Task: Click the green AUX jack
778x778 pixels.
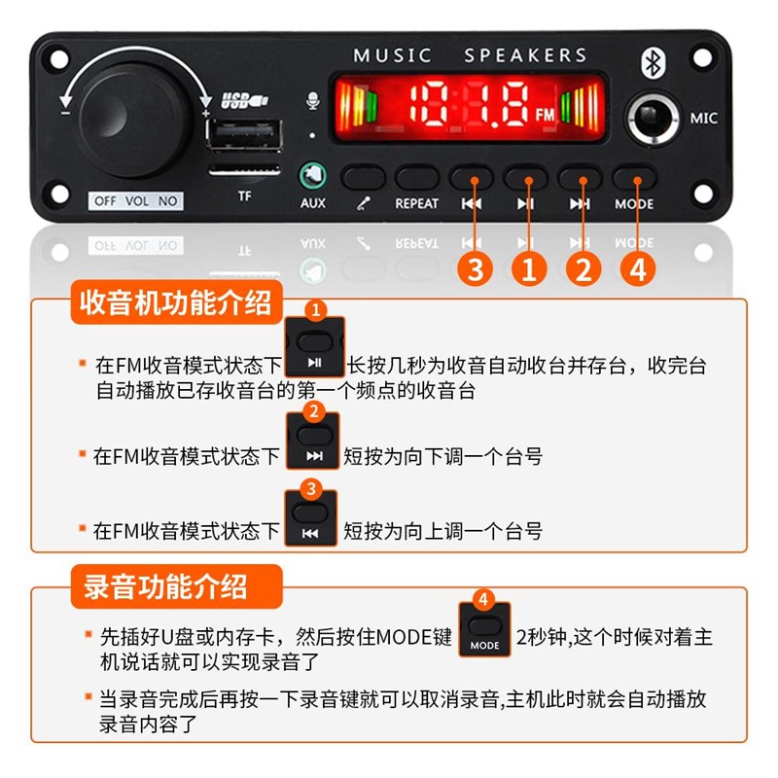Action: [x=313, y=175]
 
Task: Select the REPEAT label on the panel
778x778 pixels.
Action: [x=416, y=203]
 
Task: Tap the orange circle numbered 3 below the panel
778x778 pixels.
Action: [x=474, y=269]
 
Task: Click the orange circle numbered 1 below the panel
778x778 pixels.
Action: [x=528, y=269]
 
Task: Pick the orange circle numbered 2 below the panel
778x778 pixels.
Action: [x=583, y=269]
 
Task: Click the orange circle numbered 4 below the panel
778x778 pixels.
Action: [x=637, y=269]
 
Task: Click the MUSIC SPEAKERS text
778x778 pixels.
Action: [x=470, y=55]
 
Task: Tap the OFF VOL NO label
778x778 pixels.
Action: [x=135, y=201]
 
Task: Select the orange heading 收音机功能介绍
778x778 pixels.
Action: [x=176, y=304]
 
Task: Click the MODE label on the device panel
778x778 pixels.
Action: [x=634, y=204]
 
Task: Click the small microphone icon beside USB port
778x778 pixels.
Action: [x=312, y=101]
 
